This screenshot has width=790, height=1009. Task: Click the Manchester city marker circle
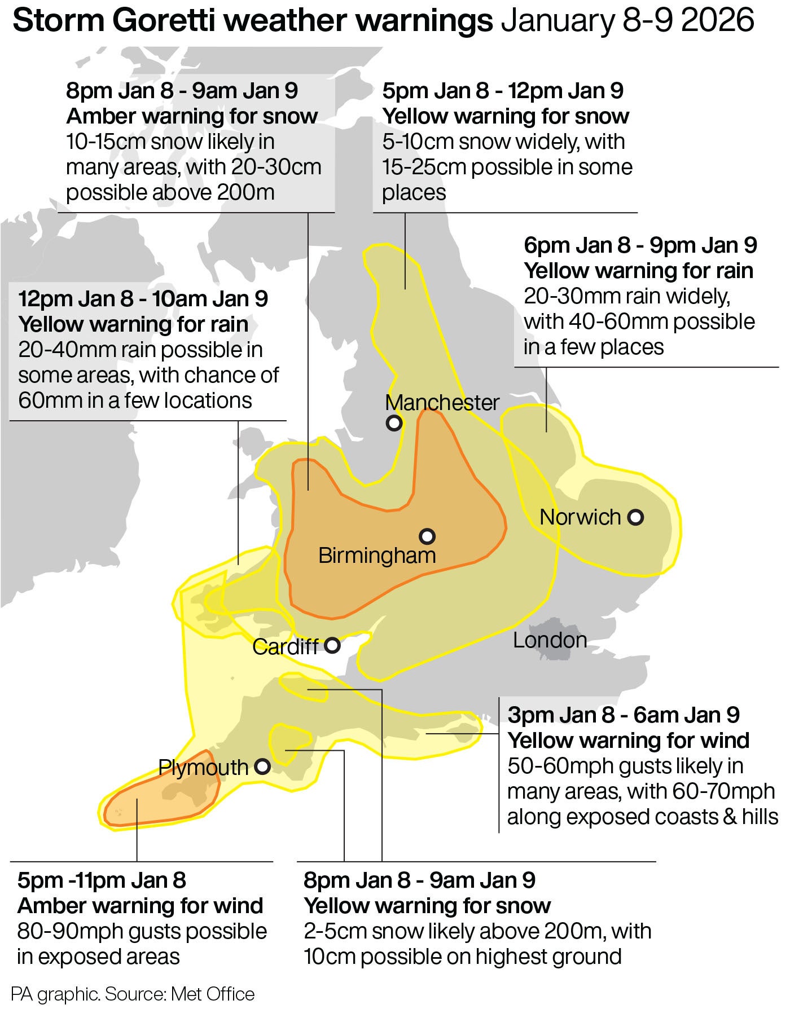pyautogui.click(x=394, y=422)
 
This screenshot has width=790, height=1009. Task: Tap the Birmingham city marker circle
pyautogui.click(x=427, y=535)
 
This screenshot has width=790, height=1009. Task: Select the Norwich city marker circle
pyautogui.click(x=636, y=517)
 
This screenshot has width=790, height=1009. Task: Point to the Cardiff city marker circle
pyautogui.click(x=332, y=645)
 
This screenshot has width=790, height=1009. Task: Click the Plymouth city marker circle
pyautogui.click(x=262, y=766)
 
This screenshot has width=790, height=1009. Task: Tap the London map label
pyautogui.click(x=550, y=640)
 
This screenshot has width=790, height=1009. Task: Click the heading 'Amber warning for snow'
pyautogui.click(x=192, y=116)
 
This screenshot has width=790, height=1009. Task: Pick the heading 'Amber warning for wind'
pyautogui.click(x=141, y=906)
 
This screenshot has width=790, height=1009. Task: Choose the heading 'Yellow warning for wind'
pyautogui.click(x=628, y=740)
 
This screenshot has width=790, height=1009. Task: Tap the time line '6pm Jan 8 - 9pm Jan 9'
pyautogui.click(x=640, y=245)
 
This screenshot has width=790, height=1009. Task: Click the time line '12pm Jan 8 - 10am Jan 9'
pyautogui.click(x=143, y=299)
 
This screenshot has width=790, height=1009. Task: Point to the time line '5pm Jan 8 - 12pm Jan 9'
pyautogui.click(x=503, y=91)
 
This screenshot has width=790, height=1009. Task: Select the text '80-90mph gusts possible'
pyautogui.click(x=142, y=931)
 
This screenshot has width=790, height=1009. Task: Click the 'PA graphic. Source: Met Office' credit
pyautogui.click(x=133, y=993)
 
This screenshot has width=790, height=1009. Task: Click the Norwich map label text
pyautogui.click(x=580, y=517)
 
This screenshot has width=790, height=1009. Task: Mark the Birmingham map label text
pyautogui.click(x=377, y=556)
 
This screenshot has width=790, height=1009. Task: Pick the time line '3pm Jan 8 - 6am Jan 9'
pyautogui.click(x=624, y=715)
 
